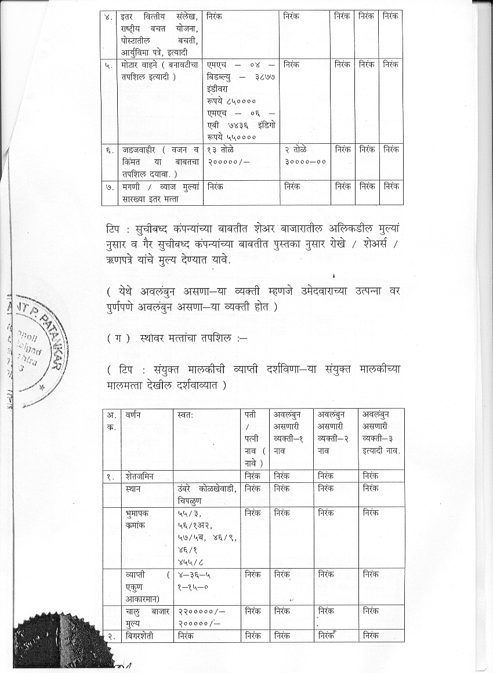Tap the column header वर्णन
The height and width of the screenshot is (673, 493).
click(x=134, y=415)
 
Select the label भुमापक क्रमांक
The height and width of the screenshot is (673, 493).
click(x=139, y=519)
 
